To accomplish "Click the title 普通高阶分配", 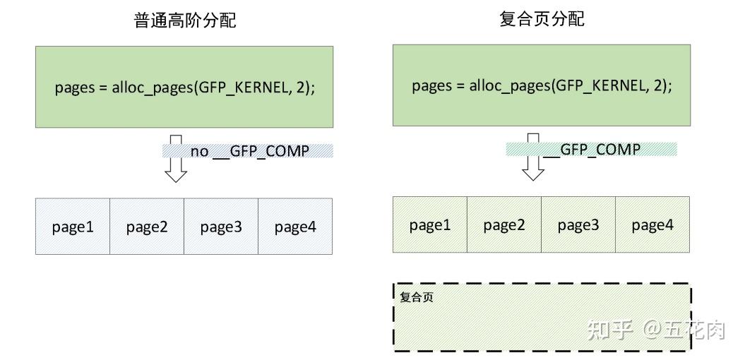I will (x=184, y=20).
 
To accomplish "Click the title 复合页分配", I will (x=542, y=19).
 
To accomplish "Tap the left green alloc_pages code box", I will (x=184, y=87).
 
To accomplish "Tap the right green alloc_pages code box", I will (x=542, y=85).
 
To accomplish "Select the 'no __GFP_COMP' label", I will (x=249, y=151).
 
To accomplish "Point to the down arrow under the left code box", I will (x=175, y=160).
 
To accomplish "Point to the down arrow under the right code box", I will (x=532, y=157).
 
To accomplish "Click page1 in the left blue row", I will (x=73, y=227).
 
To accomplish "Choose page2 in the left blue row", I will (x=147, y=227).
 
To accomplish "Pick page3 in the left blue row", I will (x=221, y=227).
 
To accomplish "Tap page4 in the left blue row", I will (x=295, y=227).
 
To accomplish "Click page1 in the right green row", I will (x=430, y=225).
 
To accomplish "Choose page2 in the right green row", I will (x=504, y=225).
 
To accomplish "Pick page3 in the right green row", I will (x=578, y=225).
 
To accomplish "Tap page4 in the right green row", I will (x=652, y=225).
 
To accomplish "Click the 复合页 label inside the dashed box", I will (x=417, y=297).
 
